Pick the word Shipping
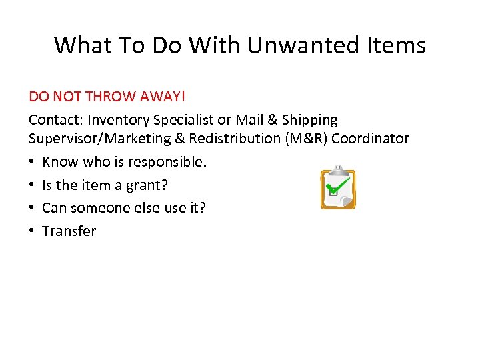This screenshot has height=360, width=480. pyautogui.click(x=310, y=120)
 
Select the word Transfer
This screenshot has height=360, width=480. pyautogui.click(x=69, y=231)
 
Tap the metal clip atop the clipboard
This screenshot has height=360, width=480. pyautogui.click(x=338, y=169)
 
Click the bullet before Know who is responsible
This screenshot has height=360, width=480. pyautogui.click(x=32, y=162)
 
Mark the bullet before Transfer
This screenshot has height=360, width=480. pyautogui.click(x=32, y=231)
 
